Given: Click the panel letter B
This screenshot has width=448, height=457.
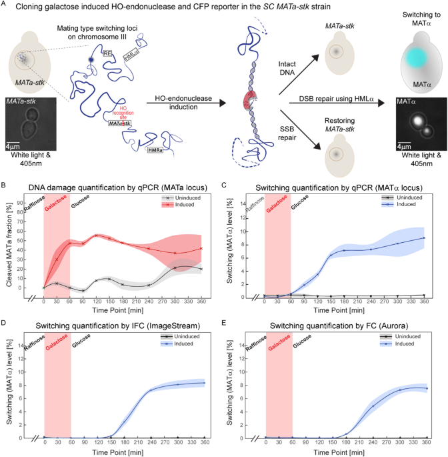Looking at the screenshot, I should [x=5, y=171].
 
